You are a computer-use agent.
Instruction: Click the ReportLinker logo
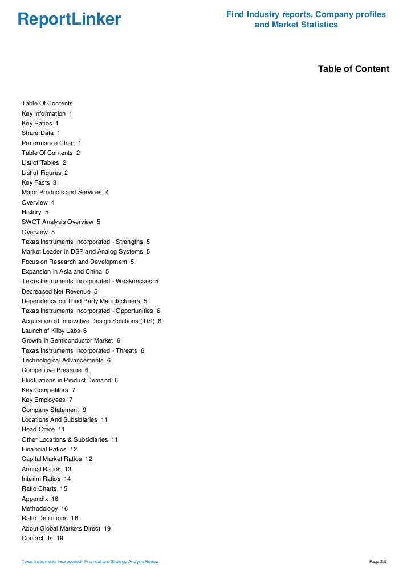click(69, 19)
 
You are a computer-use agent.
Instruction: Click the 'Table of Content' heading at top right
click(353, 69)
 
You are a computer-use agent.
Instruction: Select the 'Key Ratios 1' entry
click(40, 123)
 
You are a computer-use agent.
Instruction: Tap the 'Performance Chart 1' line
click(51, 143)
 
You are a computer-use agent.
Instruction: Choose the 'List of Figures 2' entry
click(44, 173)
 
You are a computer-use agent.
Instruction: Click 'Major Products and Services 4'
click(65, 193)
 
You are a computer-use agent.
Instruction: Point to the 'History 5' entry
click(35, 212)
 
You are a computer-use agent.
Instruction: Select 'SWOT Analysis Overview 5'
click(61, 222)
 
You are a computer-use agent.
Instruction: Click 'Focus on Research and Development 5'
click(78, 262)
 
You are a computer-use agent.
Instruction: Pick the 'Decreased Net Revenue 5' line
click(59, 291)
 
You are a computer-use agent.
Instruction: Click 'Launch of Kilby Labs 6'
click(54, 331)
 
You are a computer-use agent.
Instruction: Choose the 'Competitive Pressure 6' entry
click(55, 370)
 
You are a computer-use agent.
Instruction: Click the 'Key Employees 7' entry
click(47, 400)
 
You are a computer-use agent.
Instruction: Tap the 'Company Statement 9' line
click(54, 410)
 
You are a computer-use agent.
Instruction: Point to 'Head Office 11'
click(43, 429)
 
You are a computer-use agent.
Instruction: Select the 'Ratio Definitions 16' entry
click(50, 518)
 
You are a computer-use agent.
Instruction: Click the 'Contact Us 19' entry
click(42, 538)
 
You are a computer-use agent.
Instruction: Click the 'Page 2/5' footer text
click(378, 562)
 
